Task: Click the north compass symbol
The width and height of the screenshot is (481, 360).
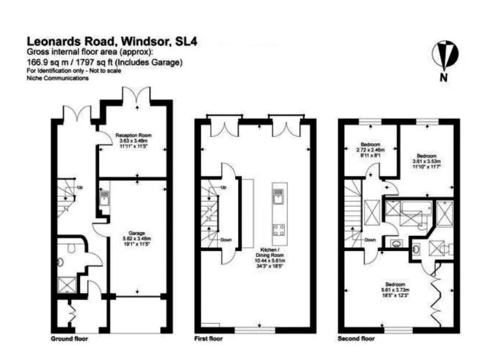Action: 444,57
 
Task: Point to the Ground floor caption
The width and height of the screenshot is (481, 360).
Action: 69,338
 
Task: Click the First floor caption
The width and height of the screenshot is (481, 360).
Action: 209,338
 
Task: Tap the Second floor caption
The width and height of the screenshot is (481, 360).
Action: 356,338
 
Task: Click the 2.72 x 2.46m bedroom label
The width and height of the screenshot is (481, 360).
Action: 370,144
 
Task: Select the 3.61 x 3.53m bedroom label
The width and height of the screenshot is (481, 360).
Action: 426,156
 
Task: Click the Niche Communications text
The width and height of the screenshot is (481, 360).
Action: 58,79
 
